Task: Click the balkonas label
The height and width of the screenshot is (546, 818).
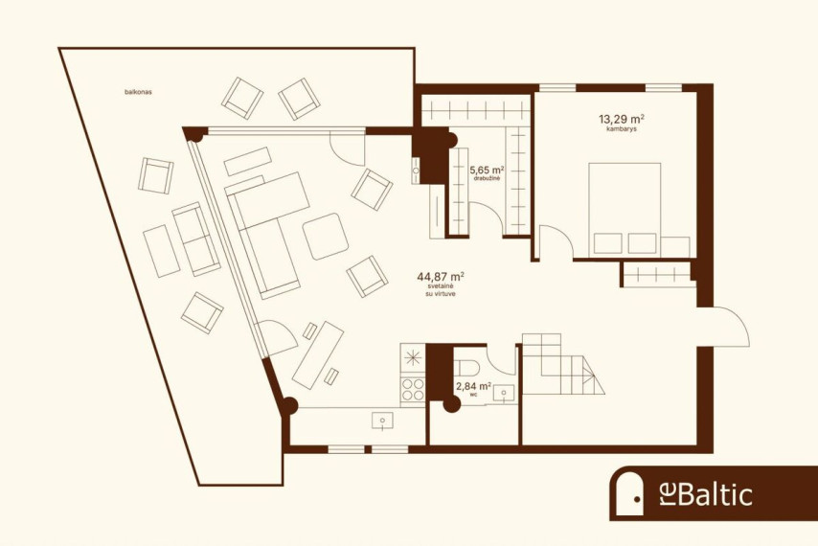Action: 138,92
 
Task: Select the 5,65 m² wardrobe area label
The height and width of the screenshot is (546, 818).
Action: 487,171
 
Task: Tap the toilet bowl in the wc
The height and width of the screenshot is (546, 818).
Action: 466,367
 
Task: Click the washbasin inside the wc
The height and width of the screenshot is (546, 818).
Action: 504,393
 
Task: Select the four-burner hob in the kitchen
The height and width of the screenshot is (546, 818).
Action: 413,390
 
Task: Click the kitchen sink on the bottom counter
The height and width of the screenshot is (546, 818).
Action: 383,421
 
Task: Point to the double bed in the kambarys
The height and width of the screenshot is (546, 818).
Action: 625,209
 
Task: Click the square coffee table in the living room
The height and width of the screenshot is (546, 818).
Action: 325,237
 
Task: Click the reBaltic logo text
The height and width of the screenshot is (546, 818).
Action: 703,495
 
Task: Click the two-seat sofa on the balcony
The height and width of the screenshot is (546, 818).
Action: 196,239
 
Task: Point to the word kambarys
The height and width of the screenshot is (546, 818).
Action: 622,128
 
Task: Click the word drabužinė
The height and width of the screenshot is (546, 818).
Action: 488,179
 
